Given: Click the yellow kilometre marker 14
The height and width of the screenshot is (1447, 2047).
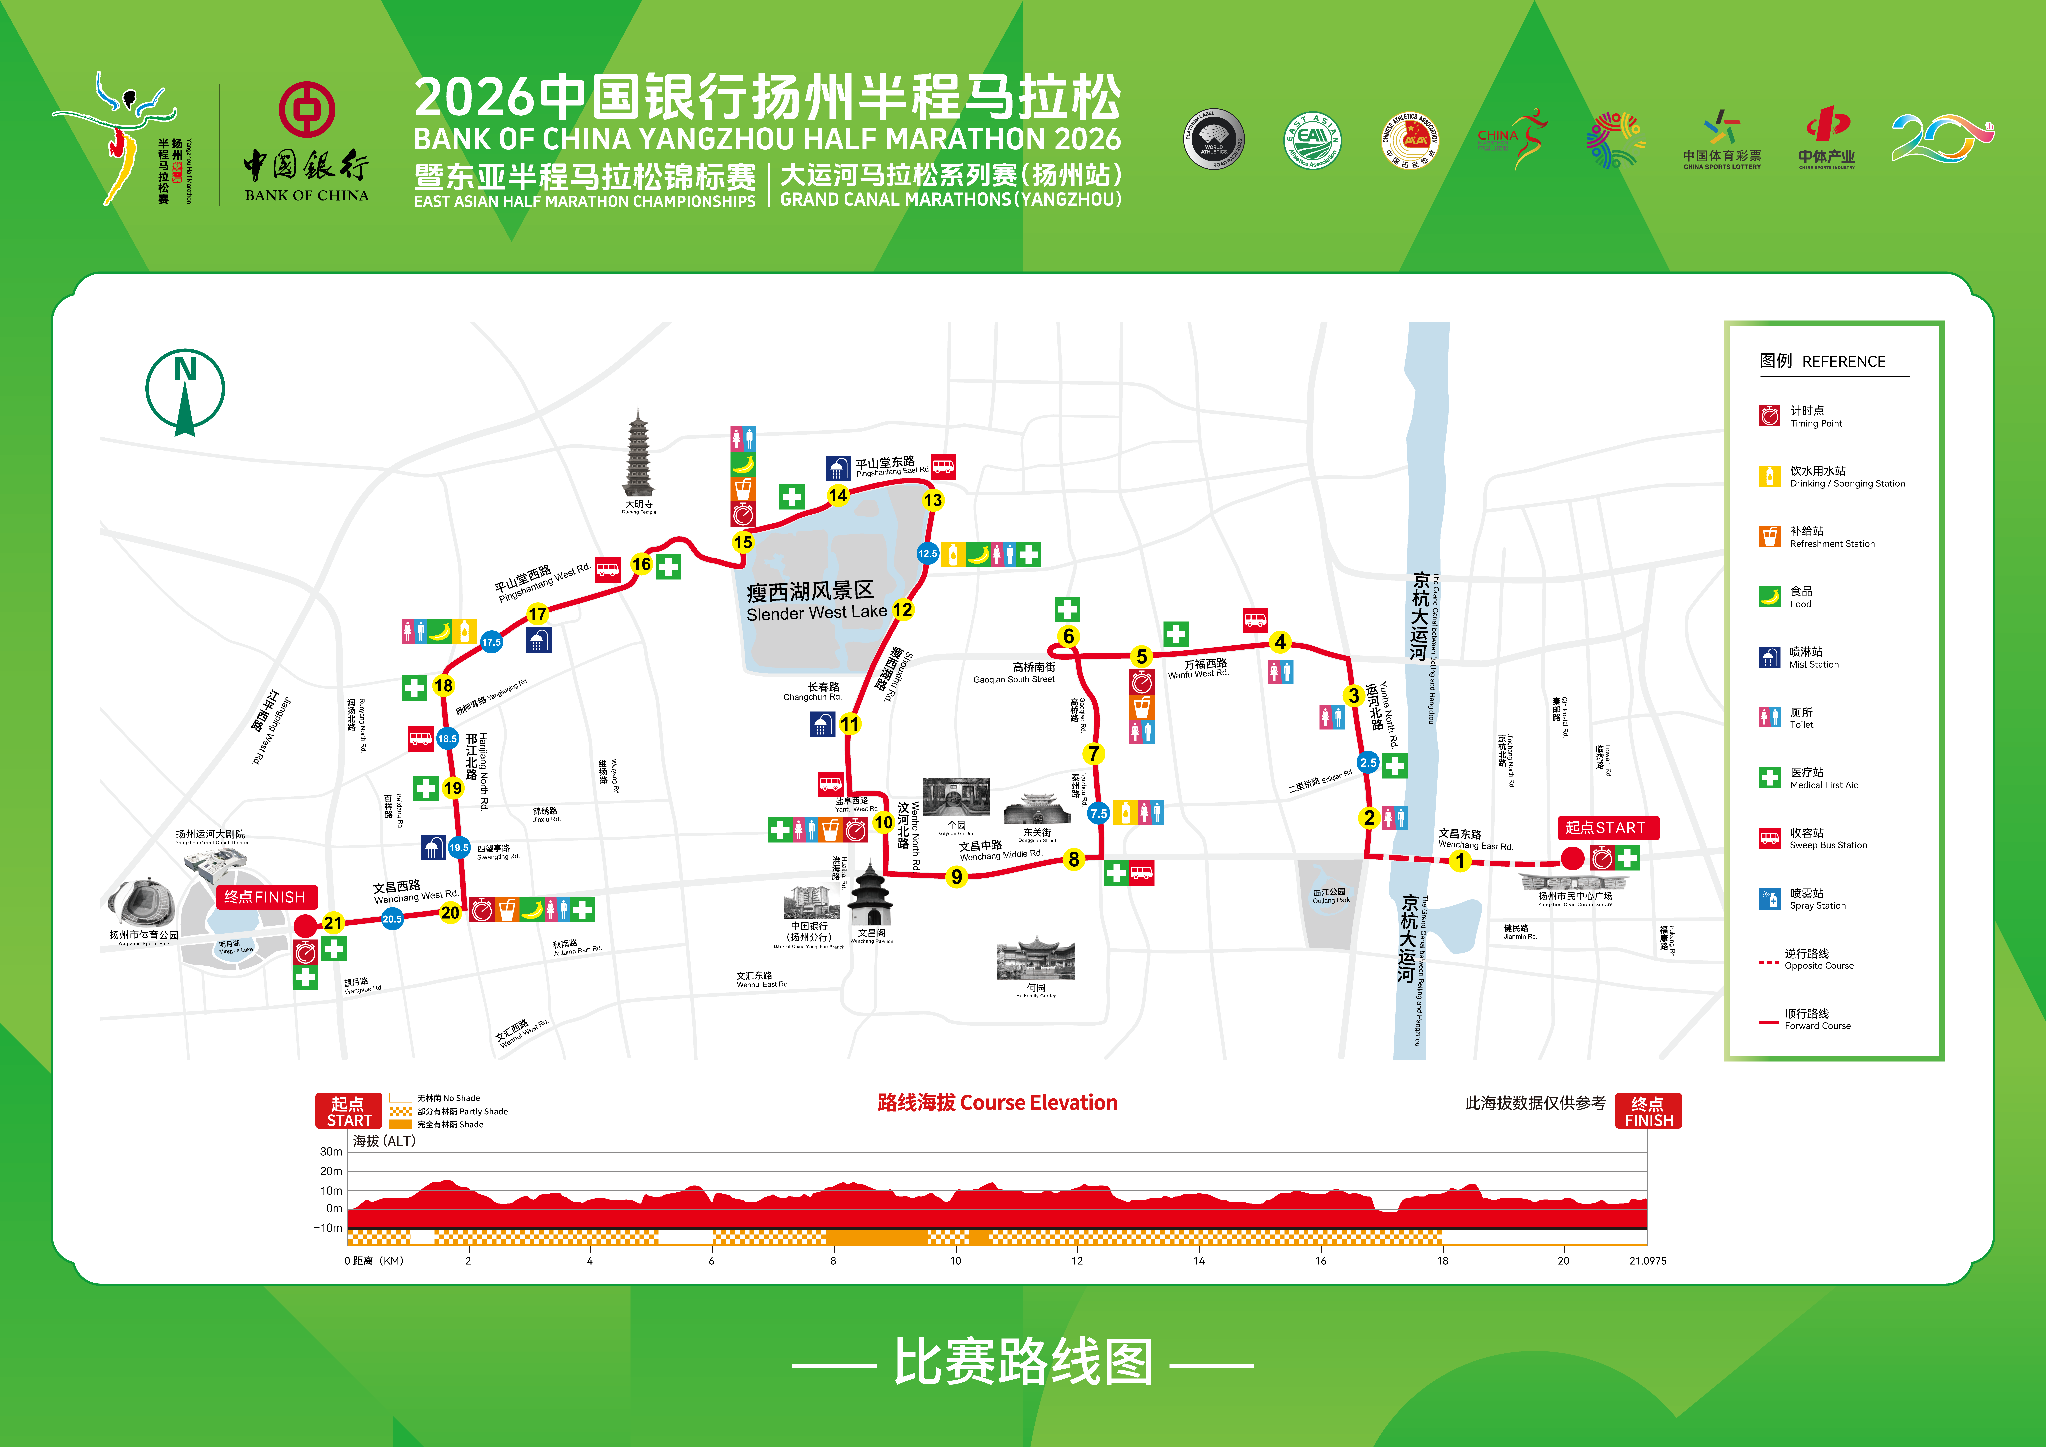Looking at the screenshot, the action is coord(838,496).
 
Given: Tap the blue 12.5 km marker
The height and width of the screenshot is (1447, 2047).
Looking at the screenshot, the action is coord(927,554).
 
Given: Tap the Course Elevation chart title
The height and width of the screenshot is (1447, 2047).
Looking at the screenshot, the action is coord(997,1103).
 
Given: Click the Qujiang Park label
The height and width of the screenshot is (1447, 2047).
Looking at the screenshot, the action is coord(1330,895).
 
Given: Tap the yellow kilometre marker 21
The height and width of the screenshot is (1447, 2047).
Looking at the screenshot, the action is coord(333,923).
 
